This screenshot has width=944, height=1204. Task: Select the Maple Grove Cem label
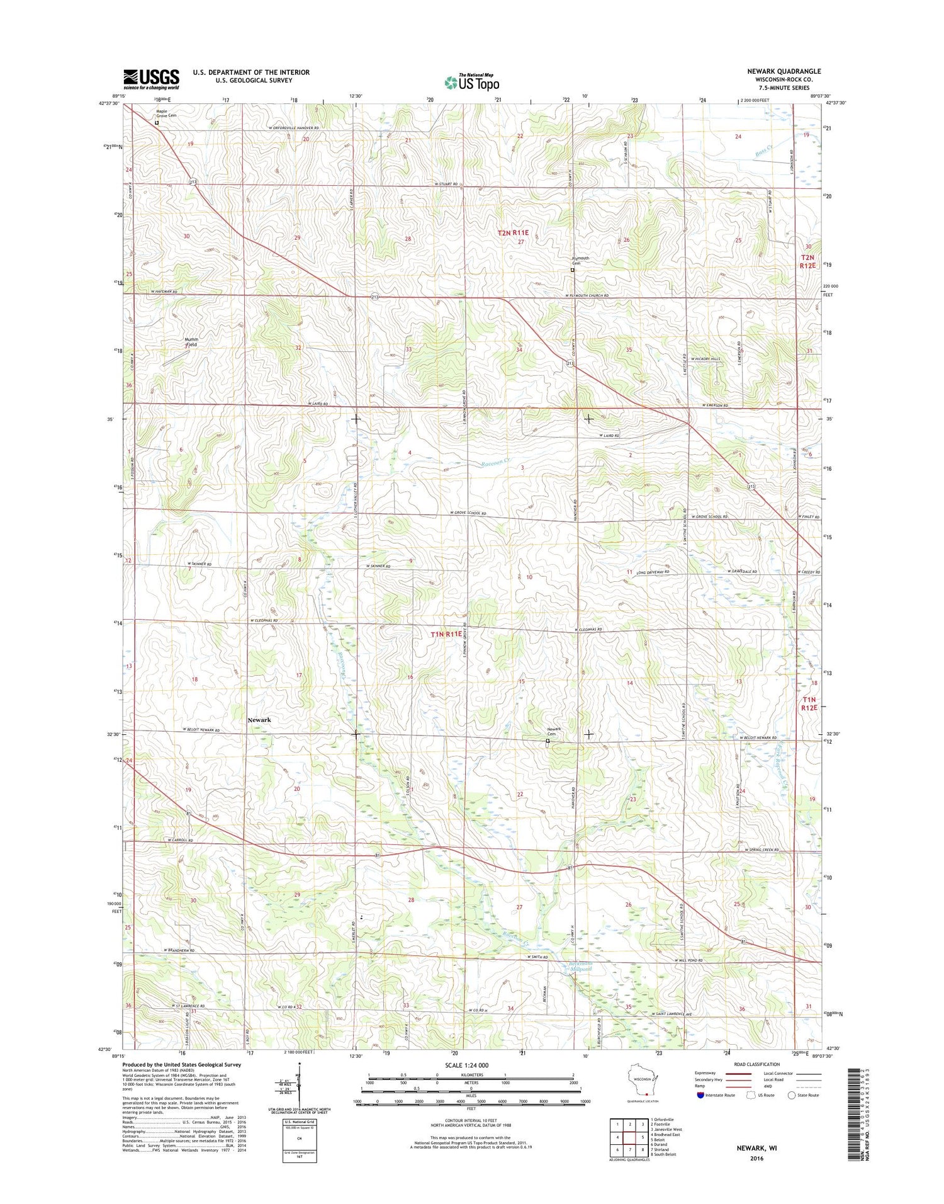166,113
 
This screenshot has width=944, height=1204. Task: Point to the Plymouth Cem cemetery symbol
572,270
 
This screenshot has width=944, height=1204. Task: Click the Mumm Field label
191,342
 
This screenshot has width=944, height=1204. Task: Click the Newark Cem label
554,732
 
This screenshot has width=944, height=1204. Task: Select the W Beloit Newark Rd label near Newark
201,730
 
